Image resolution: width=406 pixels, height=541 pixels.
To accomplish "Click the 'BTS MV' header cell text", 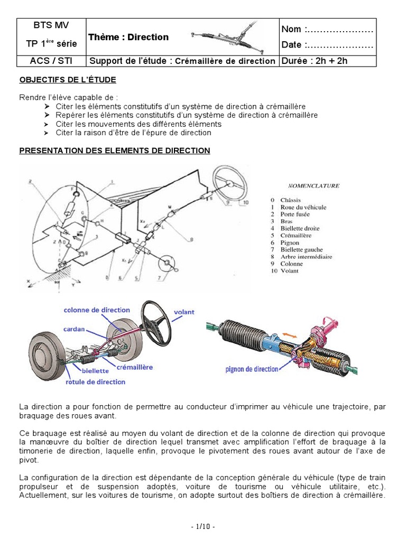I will (x=51, y=25).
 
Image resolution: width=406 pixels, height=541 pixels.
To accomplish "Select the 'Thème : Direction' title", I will (x=128, y=37).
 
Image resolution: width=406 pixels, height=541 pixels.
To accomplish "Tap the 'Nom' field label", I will (x=292, y=29).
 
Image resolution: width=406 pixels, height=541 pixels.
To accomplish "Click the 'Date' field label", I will (x=292, y=45).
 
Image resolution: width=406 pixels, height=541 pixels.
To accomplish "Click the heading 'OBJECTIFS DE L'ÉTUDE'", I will (x=68, y=80).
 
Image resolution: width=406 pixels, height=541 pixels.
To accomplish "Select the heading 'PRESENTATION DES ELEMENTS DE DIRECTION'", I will (x=115, y=151).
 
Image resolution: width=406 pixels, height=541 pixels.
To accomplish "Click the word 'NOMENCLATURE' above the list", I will (x=313, y=186).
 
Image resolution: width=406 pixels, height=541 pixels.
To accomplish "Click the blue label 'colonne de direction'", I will (x=98, y=310).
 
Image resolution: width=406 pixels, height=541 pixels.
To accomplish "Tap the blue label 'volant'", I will (x=184, y=312).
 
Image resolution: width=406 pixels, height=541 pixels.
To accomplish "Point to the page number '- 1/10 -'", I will (x=202, y=527).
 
